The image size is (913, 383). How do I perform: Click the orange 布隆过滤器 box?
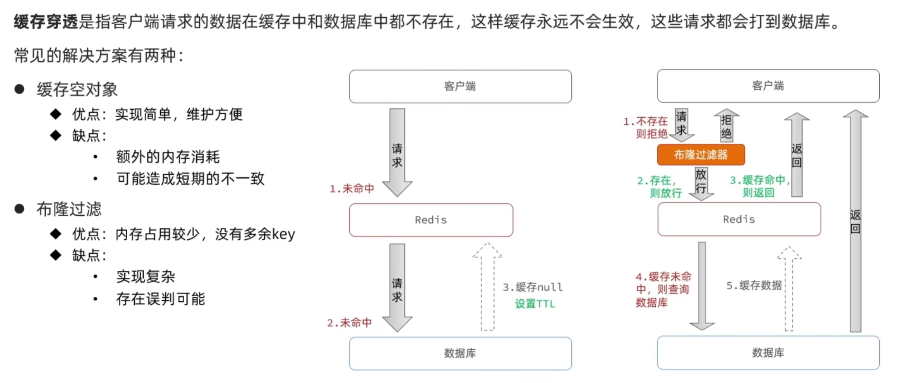701,155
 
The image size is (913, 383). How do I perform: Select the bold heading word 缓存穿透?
45,22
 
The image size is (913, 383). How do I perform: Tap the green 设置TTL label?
535,304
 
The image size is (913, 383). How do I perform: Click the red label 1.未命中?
352,189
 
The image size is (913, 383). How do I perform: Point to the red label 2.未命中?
349,323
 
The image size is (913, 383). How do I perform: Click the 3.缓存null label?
532,287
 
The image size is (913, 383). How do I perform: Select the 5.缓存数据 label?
754,286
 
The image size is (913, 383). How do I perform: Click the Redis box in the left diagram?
431,220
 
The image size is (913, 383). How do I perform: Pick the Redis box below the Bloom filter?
739,220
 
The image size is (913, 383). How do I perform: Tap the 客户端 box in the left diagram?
460,87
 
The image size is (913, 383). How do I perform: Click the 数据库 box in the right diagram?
768,353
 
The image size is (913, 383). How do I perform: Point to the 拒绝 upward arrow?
726,126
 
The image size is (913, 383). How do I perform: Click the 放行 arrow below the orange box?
701,183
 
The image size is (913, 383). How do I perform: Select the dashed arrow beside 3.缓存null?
488,287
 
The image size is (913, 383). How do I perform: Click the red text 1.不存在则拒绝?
646,128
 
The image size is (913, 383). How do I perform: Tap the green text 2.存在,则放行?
659,187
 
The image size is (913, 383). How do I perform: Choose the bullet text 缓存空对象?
77,90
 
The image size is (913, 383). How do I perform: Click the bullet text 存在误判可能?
161,299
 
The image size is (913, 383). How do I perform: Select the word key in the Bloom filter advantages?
283,234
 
